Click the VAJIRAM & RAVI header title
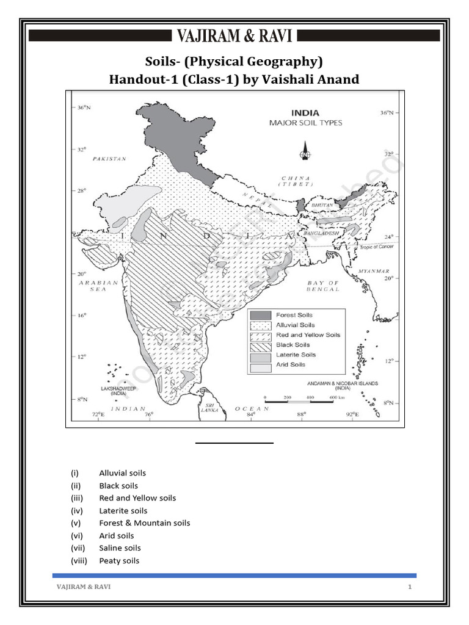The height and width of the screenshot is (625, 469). pos(235,35)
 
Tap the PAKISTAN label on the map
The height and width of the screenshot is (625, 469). pos(109,159)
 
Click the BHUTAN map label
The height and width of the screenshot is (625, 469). pos(323,206)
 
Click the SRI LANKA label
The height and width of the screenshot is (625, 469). pos(209,408)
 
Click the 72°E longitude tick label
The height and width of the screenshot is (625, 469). pos(98,416)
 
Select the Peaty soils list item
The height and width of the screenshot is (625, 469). pos(119,560)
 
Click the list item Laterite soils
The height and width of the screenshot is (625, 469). pos(123,510)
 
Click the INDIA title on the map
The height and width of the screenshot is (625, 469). pos(305,113)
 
